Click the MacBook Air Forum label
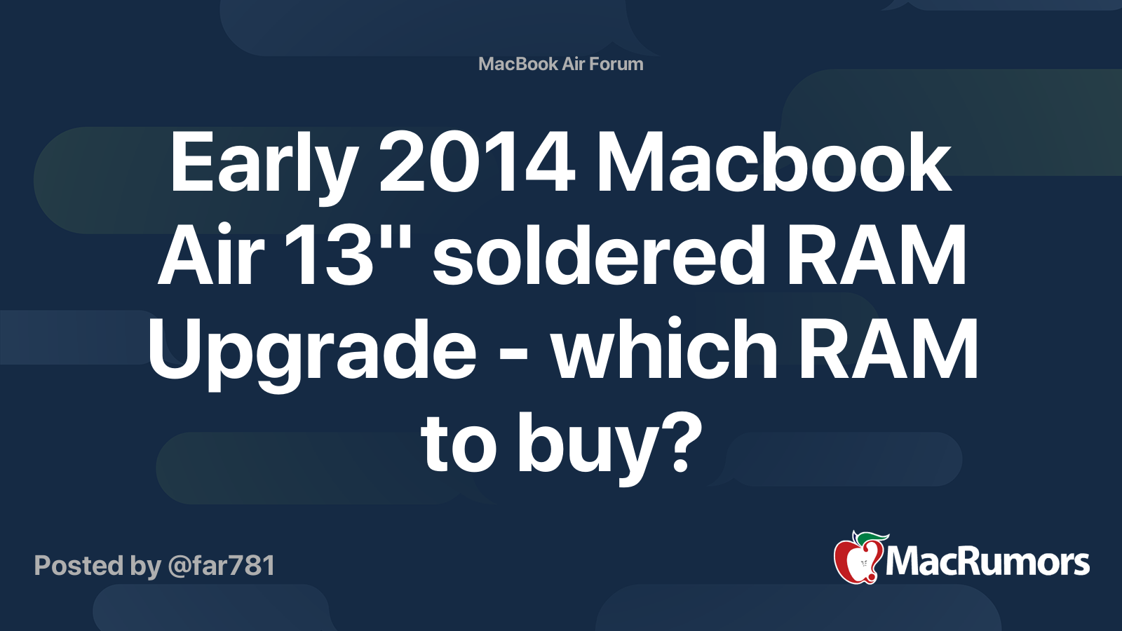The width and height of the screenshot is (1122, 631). point(560,64)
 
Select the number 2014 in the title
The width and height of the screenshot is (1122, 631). point(477,163)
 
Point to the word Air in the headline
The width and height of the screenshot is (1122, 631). point(210,255)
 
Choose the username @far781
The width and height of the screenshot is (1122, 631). point(222,565)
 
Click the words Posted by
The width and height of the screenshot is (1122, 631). point(97,566)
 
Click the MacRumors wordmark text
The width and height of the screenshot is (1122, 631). point(987,562)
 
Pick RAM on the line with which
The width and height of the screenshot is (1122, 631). point(888,349)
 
